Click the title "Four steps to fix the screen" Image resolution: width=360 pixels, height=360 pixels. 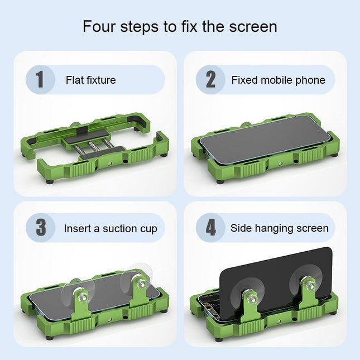pyautogui.click(x=180, y=26)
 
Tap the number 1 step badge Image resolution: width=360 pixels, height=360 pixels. pyautogui.click(x=40, y=79)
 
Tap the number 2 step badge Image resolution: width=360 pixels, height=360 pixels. pyautogui.click(x=210, y=79)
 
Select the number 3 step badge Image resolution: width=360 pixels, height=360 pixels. pyautogui.click(x=41, y=228)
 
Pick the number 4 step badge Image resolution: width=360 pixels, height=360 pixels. pyautogui.click(x=210, y=228)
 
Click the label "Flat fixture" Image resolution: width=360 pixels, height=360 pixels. pyautogui.click(x=90, y=80)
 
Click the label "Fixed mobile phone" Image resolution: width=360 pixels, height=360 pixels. pyautogui.click(x=278, y=80)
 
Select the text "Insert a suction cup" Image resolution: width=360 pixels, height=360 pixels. pyautogui.click(x=111, y=228)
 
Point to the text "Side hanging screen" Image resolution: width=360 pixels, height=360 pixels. pyautogui.click(x=279, y=228)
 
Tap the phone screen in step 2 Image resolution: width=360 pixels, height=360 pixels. pyautogui.click(x=262, y=142)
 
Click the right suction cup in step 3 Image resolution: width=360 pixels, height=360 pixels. pyautogui.click(x=137, y=282)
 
